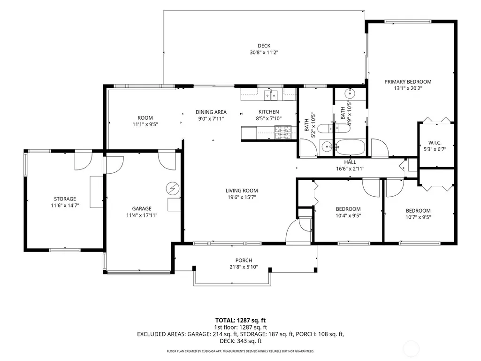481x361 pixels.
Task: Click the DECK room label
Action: pyautogui.click(x=264, y=46)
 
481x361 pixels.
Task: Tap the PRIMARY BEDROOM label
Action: pyautogui.click(x=408, y=82)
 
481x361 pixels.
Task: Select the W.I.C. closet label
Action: pyautogui.click(x=435, y=143)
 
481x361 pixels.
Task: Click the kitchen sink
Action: pyautogui.click(x=271, y=95)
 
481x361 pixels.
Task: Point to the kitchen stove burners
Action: pyautogui.click(x=283, y=132)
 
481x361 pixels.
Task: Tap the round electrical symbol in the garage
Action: pyautogui.click(x=172, y=188)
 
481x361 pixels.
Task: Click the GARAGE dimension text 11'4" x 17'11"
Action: pyautogui.click(x=142, y=215)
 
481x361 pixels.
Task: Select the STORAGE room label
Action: pyautogui.click(x=65, y=199)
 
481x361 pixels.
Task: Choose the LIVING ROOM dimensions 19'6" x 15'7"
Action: pyautogui.click(x=242, y=197)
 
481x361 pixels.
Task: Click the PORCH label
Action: pyautogui.click(x=244, y=261)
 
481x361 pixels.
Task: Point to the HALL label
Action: pyautogui.click(x=350, y=162)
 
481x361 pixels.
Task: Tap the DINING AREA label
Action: pyautogui.click(x=211, y=112)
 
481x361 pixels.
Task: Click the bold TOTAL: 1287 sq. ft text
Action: pyautogui.click(x=240, y=321)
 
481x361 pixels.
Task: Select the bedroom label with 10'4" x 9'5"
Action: pyautogui.click(x=348, y=209)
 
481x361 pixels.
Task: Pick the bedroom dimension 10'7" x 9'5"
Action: pyautogui.click(x=418, y=217)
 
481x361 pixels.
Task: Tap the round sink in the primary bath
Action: pyautogui.click(x=350, y=92)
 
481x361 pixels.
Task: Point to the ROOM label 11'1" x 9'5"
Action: pyautogui.click(x=145, y=118)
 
